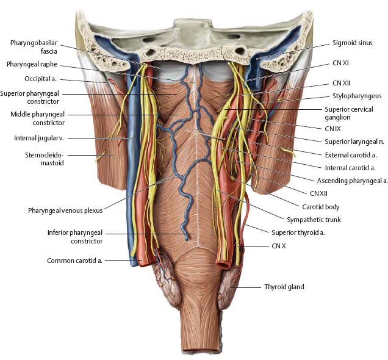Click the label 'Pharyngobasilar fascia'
34,47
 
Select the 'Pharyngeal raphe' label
32,64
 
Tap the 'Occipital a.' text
41,79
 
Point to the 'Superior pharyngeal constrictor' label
30,97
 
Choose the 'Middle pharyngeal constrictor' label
38,118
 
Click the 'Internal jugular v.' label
39,138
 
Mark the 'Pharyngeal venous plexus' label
65,211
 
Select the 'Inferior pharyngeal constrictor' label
75,237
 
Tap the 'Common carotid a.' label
74,261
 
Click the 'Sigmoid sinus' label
353,43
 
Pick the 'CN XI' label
341,63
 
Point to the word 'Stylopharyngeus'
357,96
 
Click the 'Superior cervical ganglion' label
349,113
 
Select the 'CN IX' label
333,129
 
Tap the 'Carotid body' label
321,207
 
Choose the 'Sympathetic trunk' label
314,220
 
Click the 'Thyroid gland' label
284,287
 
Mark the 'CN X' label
279,246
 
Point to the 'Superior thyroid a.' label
298,232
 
